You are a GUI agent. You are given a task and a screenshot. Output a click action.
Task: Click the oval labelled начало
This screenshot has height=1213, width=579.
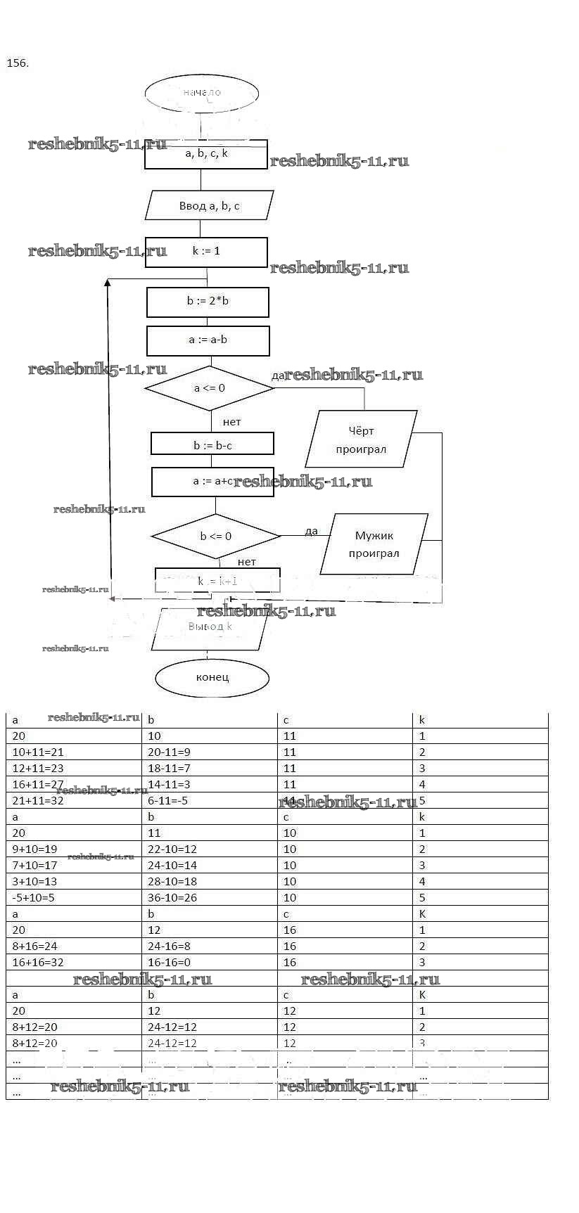(202, 93)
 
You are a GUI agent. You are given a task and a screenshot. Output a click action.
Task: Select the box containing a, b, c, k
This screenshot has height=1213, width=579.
(206, 154)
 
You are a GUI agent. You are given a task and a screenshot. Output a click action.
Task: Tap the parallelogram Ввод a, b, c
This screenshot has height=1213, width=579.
(209, 205)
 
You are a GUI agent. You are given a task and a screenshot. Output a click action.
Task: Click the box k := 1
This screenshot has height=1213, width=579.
(206, 252)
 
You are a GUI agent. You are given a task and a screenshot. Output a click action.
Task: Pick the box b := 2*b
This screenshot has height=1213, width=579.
(208, 302)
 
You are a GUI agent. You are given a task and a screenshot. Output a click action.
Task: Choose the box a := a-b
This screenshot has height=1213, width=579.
(208, 340)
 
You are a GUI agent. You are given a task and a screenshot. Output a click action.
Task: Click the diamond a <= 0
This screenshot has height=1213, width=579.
(209, 388)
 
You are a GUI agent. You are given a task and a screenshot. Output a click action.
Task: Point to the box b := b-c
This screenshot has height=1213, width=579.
(212, 444)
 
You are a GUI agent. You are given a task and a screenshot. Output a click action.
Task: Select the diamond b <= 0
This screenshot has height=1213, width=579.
(215, 537)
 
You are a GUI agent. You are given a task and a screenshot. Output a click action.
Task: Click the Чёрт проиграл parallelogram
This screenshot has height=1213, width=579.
(361, 439)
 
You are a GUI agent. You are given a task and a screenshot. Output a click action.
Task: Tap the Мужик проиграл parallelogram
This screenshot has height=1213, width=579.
(374, 544)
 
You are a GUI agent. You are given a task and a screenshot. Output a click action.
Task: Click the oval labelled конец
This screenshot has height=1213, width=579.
(212, 678)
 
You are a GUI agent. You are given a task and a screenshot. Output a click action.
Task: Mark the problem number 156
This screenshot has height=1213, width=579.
(18, 63)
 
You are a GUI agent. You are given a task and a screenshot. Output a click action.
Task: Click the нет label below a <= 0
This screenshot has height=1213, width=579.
(231, 422)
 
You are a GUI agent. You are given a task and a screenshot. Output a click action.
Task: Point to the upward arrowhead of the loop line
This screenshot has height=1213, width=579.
(108, 283)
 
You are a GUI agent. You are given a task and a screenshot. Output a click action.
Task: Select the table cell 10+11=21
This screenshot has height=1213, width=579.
(38, 752)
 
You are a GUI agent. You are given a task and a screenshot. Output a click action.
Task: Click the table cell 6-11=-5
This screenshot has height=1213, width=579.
(168, 801)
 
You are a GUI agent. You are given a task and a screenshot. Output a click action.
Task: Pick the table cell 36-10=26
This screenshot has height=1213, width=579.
(172, 898)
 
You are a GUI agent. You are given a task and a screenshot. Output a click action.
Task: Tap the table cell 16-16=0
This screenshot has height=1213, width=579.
(169, 963)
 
